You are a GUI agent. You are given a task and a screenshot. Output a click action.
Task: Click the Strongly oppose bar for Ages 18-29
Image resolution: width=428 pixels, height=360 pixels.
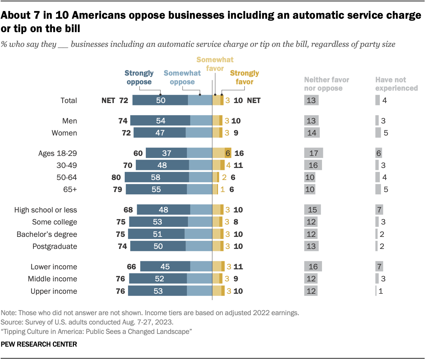(x=166, y=153)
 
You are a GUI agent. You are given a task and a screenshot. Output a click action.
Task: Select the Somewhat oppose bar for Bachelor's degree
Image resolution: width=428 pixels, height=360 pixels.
(x=198, y=234)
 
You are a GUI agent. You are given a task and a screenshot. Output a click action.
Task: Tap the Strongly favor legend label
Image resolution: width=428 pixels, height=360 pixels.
(x=244, y=77)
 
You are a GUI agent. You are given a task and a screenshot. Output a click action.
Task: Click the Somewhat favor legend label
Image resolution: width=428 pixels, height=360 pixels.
(x=215, y=64)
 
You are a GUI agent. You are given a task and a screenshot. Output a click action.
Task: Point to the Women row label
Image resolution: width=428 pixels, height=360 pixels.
(x=64, y=133)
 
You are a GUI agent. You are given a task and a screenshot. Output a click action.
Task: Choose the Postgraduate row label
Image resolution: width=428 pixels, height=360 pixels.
(x=55, y=246)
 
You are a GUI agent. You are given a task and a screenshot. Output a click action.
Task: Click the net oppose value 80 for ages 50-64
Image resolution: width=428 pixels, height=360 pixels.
(x=116, y=177)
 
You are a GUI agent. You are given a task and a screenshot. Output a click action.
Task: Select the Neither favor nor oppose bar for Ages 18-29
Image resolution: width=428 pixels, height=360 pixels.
(x=314, y=153)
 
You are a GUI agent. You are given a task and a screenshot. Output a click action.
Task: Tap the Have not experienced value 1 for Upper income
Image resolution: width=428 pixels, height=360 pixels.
(x=381, y=291)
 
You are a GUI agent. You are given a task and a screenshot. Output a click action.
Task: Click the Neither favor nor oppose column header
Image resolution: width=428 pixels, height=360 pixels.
(x=326, y=84)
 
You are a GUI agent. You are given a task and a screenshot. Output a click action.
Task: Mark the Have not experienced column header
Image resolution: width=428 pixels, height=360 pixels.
(x=396, y=84)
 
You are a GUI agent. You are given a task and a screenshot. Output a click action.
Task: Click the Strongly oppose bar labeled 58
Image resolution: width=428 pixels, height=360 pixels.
(x=156, y=177)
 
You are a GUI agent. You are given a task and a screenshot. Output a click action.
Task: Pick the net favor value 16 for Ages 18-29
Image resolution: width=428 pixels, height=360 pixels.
(x=239, y=153)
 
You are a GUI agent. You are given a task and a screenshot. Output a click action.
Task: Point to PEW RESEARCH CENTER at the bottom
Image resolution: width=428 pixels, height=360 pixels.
(x=39, y=344)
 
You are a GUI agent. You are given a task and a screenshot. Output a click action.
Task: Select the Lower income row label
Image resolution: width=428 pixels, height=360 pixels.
(x=53, y=267)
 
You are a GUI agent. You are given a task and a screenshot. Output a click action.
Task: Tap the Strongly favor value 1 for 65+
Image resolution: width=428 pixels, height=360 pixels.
(x=222, y=190)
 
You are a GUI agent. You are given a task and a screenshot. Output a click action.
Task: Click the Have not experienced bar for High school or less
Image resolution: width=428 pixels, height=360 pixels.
(x=379, y=210)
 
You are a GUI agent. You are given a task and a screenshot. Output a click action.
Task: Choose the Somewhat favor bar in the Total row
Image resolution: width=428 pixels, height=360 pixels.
(x=216, y=100)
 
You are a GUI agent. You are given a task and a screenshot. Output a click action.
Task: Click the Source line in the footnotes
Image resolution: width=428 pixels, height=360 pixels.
(x=87, y=322)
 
